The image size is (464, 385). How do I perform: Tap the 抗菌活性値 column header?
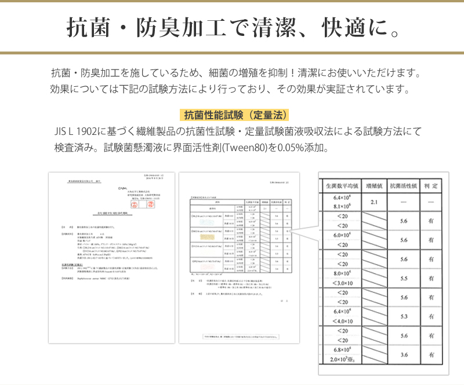tap(404, 186)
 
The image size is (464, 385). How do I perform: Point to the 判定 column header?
tap(431, 186)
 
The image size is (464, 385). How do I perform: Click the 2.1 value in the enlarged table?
tap(374, 202)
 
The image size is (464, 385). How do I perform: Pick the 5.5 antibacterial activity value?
tap(404, 278)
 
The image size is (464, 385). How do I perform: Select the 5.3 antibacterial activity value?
tap(404, 317)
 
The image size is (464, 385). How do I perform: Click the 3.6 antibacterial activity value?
tap(404, 355)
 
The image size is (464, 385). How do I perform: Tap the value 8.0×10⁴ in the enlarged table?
tap(341, 273)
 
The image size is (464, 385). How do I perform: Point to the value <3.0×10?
tap(341, 283)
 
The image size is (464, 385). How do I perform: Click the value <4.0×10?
tap(341, 321)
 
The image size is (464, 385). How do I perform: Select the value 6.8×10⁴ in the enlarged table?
tap(341, 350)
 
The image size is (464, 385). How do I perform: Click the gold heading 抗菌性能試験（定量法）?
tap(235, 115)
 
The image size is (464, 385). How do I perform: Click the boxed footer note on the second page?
tap(239, 336)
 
